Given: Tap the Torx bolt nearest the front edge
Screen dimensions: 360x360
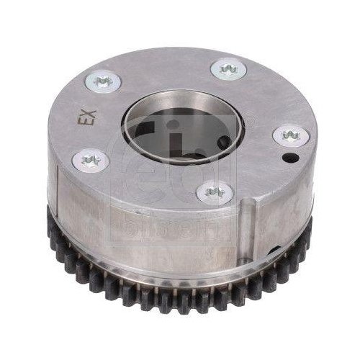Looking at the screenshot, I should coord(212,191).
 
